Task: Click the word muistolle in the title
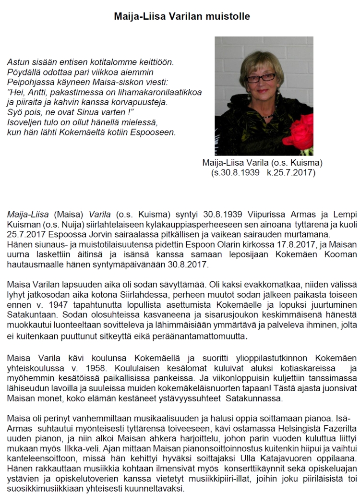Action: coord(225,16)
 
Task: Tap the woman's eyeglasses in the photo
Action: coord(260,76)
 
